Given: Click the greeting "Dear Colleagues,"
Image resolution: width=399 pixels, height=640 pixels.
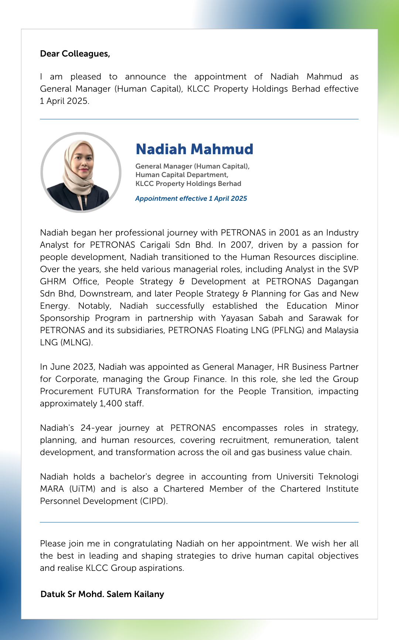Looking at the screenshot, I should (x=75, y=54).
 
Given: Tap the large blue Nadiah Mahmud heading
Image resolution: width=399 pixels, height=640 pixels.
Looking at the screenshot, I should (x=194, y=149).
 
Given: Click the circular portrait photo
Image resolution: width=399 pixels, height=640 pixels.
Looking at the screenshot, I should (x=81, y=172).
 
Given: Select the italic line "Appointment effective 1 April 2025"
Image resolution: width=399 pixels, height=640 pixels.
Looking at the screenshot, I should (x=191, y=199).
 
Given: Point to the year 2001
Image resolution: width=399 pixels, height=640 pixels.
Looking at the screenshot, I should (x=289, y=233).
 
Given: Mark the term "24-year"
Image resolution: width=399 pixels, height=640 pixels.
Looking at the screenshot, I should (x=96, y=428).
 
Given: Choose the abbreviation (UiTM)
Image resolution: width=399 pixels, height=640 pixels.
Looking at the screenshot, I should (x=82, y=489).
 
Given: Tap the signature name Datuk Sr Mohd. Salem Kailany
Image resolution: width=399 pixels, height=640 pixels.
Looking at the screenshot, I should (x=102, y=594).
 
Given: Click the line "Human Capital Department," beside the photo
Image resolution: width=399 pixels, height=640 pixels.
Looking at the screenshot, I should (x=182, y=175).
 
